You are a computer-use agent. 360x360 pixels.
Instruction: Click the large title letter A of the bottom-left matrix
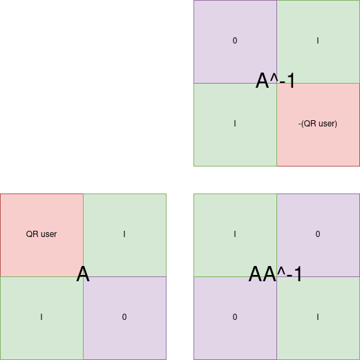pyautogui.click(x=83, y=274)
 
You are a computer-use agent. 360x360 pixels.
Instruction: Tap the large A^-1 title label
pyautogui.click(x=275, y=81)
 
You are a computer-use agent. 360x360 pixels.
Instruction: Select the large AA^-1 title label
pyautogui.click(x=275, y=274)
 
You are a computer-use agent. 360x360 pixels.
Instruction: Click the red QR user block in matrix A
pyautogui.click(x=41, y=235)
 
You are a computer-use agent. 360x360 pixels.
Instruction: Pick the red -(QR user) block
pyautogui.click(x=318, y=124)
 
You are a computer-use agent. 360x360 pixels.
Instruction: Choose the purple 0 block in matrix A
pyautogui.click(x=124, y=318)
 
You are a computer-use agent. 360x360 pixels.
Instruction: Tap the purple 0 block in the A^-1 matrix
pyautogui.click(x=235, y=41)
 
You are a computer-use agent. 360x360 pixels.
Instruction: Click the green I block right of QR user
pyautogui.click(x=124, y=235)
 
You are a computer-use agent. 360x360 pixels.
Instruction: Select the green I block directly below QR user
pyautogui.click(x=41, y=318)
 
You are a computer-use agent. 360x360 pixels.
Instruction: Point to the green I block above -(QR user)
pyautogui.click(x=318, y=41)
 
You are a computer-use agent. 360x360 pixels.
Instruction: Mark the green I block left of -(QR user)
pyautogui.click(x=235, y=124)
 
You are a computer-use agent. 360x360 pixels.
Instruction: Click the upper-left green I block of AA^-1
pyautogui.click(x=235, y=235)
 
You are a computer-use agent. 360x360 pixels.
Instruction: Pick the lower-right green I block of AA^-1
pyautogui.click(x=318, y=318)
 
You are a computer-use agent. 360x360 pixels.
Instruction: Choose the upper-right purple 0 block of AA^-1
pyautogui.click(x=318, y=235)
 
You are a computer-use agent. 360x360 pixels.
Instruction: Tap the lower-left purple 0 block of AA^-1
pyautogui.click(x=235, y=318)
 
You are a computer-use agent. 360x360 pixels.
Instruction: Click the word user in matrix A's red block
pyautogui.click(x=49, y=234)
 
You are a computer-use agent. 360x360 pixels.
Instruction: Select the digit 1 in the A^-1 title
pyautogui.click(x=292, y=81)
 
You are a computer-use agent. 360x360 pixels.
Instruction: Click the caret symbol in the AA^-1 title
pyautogui.click(x=281, y=271)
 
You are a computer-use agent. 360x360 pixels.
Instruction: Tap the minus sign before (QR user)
pyautogui.click(x=300, y=124)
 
